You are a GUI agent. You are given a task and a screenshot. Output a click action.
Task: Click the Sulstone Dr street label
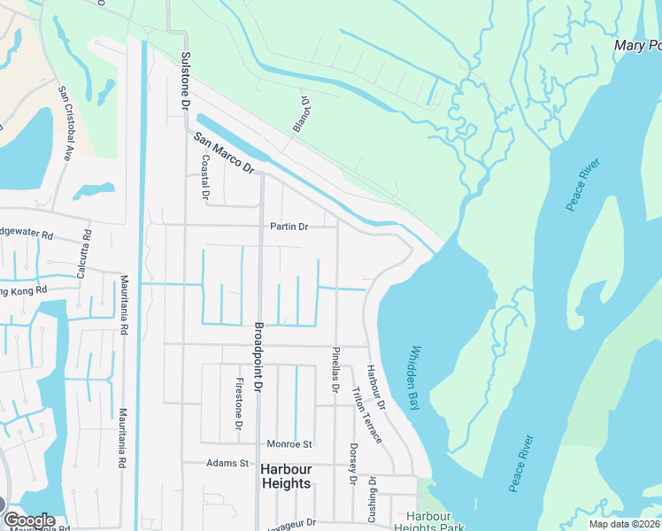[186, 81]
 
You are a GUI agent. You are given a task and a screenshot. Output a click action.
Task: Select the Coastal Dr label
[205, 176]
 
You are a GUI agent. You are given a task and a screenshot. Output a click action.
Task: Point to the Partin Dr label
[289, 227]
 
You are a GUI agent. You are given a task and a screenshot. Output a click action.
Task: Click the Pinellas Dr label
[335, 369]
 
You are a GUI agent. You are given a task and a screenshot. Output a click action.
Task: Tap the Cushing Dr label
[373, 499]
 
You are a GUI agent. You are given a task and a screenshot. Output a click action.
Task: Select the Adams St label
[228, 463]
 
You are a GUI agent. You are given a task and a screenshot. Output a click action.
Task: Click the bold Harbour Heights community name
[286, 483]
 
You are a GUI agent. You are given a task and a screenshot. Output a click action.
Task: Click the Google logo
[28, 520]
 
